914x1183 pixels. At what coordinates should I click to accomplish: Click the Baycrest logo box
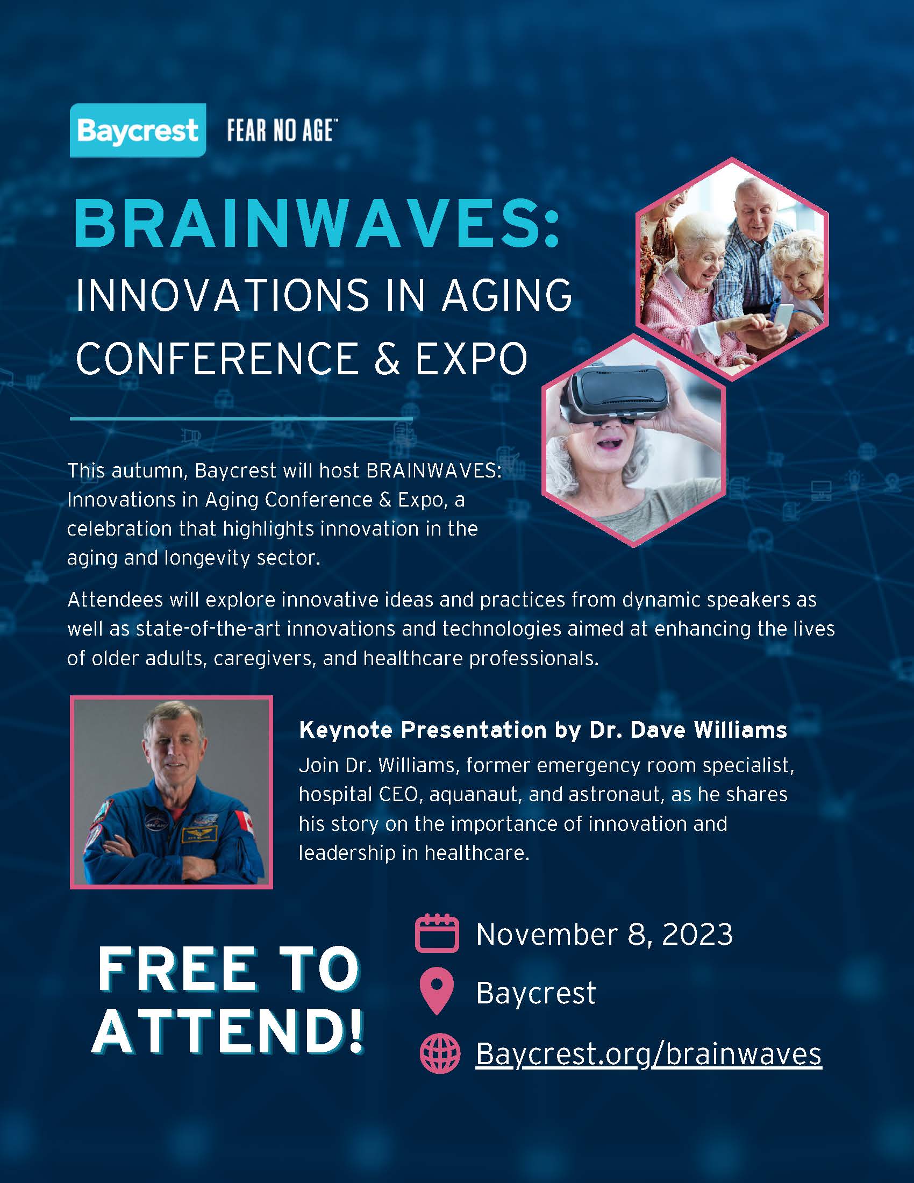click(138, 130)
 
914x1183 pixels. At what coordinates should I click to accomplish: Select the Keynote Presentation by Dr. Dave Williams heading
click(543, 730)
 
